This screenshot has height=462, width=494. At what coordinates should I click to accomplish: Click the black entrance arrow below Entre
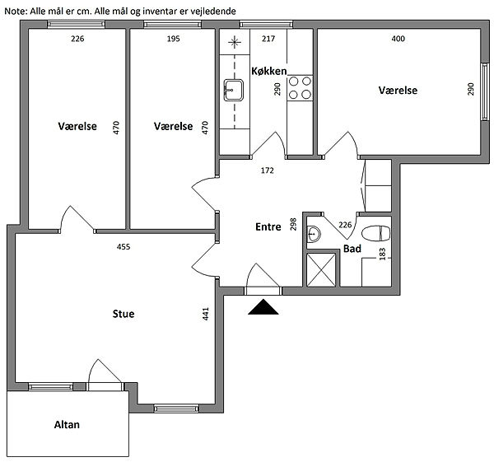pyautogui.click(x=263, y=307)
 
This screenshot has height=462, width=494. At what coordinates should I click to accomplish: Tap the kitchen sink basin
pyautogui.click(x=234, y=90)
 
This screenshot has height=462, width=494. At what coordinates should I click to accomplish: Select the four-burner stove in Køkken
pyautogui.click(x=300, y=88)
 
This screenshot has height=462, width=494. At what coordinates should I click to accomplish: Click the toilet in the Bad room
pyautogui.click(x=376, y=234)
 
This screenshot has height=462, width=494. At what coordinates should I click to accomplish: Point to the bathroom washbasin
pyautogui.click(x=314, y=234)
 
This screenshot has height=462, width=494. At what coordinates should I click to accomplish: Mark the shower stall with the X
pyautogui.click(x=321, y=270)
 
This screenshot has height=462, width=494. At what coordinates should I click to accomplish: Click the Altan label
pyautogui.click(x=67, y=424)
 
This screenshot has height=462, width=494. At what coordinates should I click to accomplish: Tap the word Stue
pyautogui.click(x=123, y=314)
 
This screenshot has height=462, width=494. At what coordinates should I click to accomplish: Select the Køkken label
pyautogui.click(x=269, y=71)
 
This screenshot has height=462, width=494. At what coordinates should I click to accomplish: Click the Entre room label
pyautogui.click(x=268, y=227)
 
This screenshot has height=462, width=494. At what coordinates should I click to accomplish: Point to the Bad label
pyautogui.click(x=352, y=249)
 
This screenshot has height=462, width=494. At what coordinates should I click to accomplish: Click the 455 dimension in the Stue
pyautogui.click(x=123, y=246)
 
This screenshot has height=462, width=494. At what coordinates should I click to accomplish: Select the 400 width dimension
pyautogui.click(x=398, y=39)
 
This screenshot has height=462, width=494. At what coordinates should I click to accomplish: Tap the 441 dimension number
pyautogui.click(x=205, y=314)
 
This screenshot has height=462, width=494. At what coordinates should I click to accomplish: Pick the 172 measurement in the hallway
pyautogui.click(x=267, y=170)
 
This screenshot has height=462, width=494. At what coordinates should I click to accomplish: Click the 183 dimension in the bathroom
pyautogui.click(x=383, y=254)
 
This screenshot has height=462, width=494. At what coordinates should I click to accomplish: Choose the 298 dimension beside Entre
pyautogui.click(x=293, y=224)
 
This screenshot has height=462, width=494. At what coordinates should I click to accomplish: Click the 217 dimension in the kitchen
pyautogui.click(x=268, y=39)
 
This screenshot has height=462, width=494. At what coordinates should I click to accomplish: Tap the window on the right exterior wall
pyautogui.click(x=485, y=91)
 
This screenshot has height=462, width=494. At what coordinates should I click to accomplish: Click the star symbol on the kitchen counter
pyautogui.click(x=235, y=42)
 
